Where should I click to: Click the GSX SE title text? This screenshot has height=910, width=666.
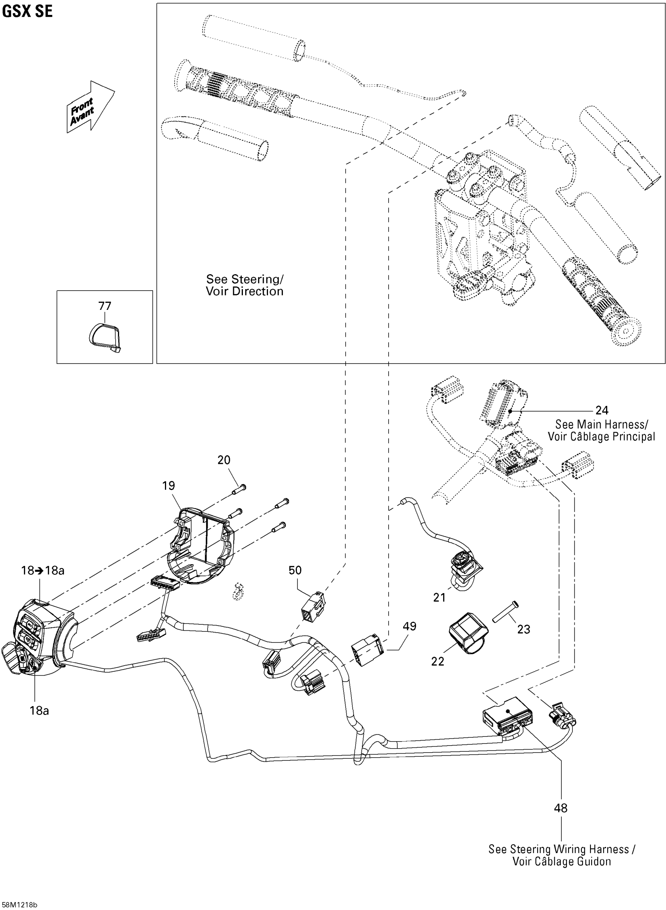click(27, 11)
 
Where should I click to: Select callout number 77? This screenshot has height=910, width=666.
click(105, 306)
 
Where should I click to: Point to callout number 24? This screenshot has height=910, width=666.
click(601, 410)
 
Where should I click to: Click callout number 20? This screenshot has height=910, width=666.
click(224, 460)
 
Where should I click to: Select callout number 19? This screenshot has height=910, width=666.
click(168, 486)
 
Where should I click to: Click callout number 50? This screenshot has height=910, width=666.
click(295, 570)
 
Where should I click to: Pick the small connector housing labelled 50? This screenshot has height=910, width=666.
click(313, 606)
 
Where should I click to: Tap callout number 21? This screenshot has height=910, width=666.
click(440, 597)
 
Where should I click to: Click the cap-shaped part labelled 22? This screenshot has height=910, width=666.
click(468, 633)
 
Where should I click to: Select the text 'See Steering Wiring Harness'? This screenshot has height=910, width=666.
click(558, 849)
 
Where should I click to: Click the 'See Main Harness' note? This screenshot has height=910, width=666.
click(601, 424)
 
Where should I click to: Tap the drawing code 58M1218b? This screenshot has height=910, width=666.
click(19, 905)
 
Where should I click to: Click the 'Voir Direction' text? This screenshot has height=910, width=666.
click(244, 291)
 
